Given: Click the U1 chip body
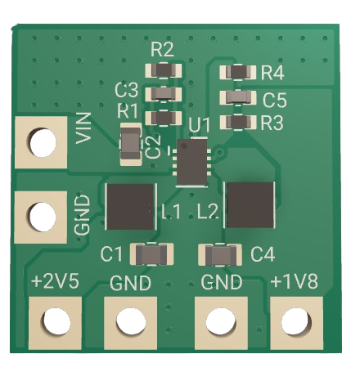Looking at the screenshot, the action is click(192, 163).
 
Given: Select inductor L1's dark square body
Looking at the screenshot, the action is click(130, 207).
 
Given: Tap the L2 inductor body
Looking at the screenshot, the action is click(250, 205).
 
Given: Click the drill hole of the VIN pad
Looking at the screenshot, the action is click(43, 143).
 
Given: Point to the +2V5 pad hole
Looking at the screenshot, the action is click(56, 322).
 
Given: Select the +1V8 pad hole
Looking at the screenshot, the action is click(296, 321).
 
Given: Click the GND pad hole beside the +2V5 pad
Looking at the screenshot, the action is click(131, 321).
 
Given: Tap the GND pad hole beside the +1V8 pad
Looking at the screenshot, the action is click(221, 321).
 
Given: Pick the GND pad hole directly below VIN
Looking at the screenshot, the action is click(43, 217).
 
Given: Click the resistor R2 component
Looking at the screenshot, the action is click(164, 70).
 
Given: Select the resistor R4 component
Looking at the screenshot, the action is click(238, 72).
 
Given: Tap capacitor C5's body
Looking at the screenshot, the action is click(238, 97).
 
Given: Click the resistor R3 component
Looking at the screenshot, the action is click(238, 122).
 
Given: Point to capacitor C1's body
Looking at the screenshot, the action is click(151, 254).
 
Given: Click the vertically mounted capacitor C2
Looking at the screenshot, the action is click(131, 144).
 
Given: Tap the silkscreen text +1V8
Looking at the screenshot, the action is click(295, 281).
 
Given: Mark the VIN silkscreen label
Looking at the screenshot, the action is click(83, 128).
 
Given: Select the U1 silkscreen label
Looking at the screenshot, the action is click(200, 125).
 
